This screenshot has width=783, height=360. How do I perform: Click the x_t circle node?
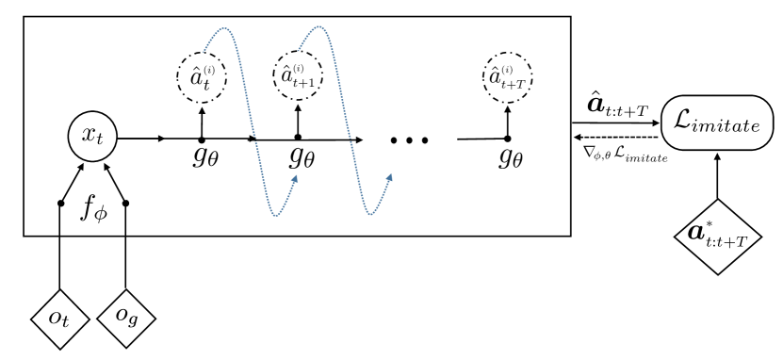[87, 140]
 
